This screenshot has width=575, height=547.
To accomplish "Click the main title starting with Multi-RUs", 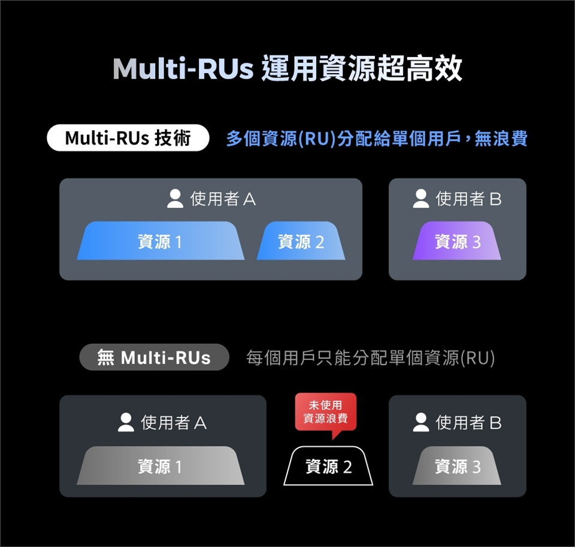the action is click(x=287, y=68).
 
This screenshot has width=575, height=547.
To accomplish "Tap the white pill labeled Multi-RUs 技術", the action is click(x=128, y=138).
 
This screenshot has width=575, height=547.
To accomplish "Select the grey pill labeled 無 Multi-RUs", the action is click(x=154, y=357).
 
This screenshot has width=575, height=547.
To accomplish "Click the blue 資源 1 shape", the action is click(x=161, y=241).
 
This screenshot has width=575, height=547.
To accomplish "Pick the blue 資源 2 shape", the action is click(x=301, y=241).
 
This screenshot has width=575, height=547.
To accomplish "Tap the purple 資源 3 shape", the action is click(x=457, y=241).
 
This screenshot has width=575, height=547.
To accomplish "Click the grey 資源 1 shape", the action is click(x=161, y=465).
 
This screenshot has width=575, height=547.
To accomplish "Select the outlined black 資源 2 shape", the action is click(x=328, y=466).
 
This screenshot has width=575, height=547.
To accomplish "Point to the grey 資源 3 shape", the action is click(x=457, y=465).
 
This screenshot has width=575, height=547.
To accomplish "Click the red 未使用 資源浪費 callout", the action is click(x=326, y=412).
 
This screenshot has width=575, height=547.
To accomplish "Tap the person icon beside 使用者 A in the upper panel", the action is click(x=175, y=199).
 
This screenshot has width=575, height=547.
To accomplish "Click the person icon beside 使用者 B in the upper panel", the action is click(x=421, y=199).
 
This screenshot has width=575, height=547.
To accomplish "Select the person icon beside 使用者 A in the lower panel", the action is click(x=126, y=422).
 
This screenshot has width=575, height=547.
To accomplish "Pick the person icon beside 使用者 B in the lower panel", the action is click(x=421, y=422).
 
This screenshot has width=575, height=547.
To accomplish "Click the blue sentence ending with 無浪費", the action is click(x=377, y=139).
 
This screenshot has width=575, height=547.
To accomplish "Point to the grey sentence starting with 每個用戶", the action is click(x=370, y=357).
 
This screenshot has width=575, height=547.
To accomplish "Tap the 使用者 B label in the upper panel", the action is click(x=468, y=199).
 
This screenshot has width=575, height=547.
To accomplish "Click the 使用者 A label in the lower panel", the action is click(x=174, y=423).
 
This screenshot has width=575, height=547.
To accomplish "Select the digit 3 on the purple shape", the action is click(x=476, y=242).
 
